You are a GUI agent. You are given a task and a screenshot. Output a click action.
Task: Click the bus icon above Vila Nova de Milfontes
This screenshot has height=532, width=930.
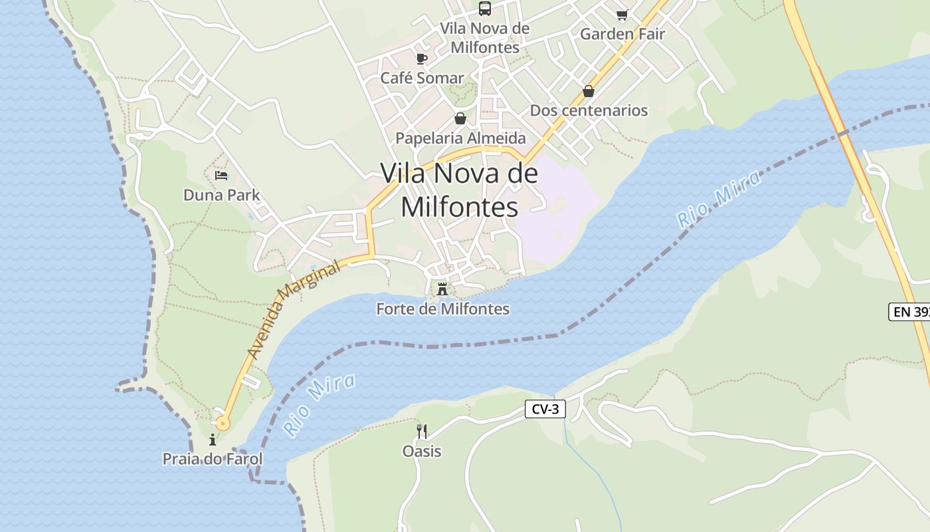(485, 9)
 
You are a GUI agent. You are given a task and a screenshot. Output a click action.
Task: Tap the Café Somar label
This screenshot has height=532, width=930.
(422, 78)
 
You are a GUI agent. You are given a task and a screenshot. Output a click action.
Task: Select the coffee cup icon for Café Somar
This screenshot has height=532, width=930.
(421, 59)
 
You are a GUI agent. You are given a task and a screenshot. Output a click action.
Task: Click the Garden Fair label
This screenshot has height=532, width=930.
(622, 34)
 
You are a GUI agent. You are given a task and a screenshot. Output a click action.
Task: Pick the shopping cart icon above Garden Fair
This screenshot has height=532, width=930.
(622, 15)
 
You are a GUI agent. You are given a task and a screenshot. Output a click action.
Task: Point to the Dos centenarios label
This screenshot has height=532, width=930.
(589, 110)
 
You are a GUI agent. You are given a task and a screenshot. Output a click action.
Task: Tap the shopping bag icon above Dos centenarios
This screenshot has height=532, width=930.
(589, 91)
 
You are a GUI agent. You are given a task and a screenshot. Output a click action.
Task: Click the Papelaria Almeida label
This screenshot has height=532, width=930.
(460, 138)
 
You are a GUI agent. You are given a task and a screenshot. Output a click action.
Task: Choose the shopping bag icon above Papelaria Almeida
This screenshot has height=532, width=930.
(460, 118)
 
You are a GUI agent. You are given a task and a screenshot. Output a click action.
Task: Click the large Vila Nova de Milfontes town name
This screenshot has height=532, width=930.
(459, 190)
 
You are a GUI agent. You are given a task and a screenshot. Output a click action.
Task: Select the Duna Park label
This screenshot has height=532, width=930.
(222, 195)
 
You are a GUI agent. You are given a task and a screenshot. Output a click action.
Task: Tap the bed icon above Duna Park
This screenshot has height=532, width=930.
(221, 176)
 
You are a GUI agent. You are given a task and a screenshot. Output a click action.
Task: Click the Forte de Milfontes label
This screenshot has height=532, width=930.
(442, 309)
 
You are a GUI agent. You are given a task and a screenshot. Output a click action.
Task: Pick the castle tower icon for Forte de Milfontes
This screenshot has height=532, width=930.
(442, 289)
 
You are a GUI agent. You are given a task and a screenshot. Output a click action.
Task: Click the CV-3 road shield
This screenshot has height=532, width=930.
(545, 409)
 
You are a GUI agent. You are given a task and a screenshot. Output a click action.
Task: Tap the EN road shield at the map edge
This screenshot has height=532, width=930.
(909, 311)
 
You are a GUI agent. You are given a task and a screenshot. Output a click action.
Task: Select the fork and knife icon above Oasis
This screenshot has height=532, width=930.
(422, 432)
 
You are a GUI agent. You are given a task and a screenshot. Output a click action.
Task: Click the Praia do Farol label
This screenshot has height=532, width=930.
(213, 459)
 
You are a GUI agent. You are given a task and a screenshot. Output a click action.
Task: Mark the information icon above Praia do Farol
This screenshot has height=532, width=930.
(213, 440)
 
